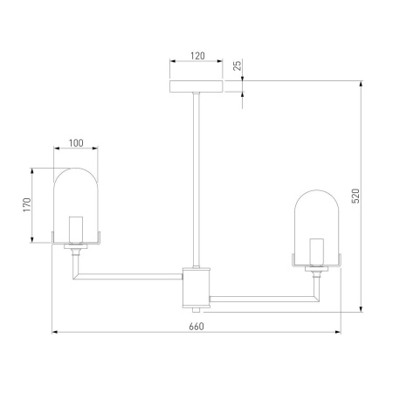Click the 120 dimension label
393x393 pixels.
tap(197, 56)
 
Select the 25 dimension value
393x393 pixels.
tap(238, 65)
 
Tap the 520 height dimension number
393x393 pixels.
tap(355, 196)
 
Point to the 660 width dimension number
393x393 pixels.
tap(196, 327)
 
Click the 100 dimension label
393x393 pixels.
tap(76, 143)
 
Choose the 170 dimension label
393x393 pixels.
tap(27, 205)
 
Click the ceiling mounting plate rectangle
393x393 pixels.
tap(196, 86)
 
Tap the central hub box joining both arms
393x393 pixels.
tap(196, 288)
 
